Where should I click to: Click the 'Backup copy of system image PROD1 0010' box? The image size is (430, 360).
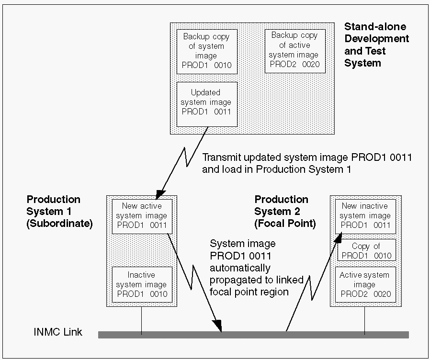pos(206,51)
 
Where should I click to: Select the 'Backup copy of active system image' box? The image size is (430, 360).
pos(294,50)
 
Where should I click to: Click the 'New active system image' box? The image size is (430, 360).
pos(142,215)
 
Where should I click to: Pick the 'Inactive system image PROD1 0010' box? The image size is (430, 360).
pos(142,284)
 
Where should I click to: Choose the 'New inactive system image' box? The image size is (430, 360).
pos(365,215)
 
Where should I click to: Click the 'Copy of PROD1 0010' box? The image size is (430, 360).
pos(366,251)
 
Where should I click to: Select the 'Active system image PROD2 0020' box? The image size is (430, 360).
pos(365,284)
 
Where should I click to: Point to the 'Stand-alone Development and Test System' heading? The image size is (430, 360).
pos(376,45)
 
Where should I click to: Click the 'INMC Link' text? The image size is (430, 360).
pos(58,332)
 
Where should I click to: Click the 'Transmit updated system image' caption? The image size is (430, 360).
pos(306,163)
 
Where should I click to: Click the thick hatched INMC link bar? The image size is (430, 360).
pos(254,335)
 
